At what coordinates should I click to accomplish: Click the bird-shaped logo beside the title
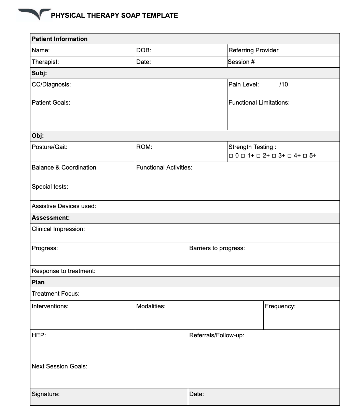coord(34,14)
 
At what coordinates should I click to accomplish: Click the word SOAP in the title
coord(131,15)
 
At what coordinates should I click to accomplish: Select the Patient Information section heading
coord(59,39)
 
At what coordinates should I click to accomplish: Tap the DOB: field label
coord(143,50)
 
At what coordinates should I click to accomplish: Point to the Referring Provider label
coord(253,50)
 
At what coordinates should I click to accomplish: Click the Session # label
coord(241,62)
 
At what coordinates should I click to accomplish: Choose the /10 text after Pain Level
coord(283,84)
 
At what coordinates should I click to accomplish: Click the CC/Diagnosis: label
coord(51,84)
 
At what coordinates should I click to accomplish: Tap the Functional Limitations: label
coord(259,103)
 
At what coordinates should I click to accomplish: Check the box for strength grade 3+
coord(274,156)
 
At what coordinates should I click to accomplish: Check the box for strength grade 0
coord(231,156)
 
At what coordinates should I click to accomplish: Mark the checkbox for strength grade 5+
coord(305,156)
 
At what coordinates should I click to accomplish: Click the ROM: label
coord(144,147)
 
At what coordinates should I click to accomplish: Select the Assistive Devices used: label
coord(64,206)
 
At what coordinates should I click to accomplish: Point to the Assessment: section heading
coord(51,218)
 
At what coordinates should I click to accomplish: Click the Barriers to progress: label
coord(217,248)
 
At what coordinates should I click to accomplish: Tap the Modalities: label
coord(151,306)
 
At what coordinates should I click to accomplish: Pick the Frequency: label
coord(280,306)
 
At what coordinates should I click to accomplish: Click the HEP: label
coord(39,335)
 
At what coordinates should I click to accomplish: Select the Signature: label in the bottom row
coord(45,394)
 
